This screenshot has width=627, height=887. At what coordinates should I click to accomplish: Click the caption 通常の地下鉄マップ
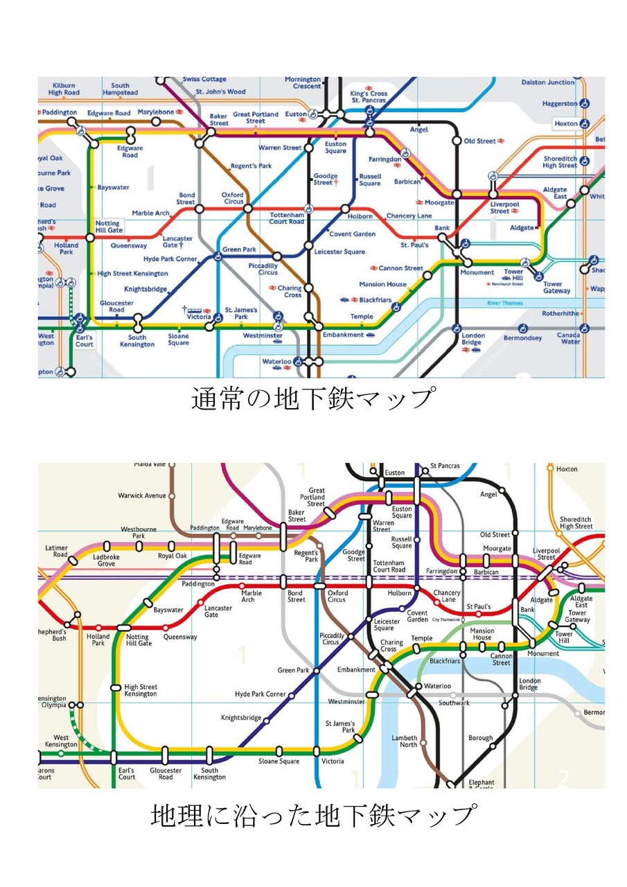[x=312, y=400]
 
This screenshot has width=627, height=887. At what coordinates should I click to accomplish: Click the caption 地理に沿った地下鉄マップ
[x=313, y=815]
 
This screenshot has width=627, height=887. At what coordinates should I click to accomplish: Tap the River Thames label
[x=504, y=304]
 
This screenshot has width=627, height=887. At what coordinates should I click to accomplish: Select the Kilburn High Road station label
[x=64, y=89]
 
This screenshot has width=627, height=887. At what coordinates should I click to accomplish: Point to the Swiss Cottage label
[x=204, y=80]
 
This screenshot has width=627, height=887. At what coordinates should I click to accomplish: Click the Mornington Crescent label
[x=303, y=82]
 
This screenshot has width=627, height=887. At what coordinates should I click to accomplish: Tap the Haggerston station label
[x=560, y=104]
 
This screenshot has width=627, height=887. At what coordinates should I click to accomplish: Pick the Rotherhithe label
[x=560, y=314]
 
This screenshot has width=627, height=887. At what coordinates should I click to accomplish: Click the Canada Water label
[x=569, y=338]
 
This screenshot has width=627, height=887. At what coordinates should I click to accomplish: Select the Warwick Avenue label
[x=142, y=495]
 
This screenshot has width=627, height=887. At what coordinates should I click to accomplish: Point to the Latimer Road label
[x=57, y=551]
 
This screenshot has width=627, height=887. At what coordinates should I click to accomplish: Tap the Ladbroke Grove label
[x=106, y=559]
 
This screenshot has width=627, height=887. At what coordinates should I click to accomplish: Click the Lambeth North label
[x=405, y=741]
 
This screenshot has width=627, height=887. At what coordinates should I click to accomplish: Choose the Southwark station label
[x=454, y=703]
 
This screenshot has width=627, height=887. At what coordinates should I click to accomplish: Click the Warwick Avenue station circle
[x=172, y=495]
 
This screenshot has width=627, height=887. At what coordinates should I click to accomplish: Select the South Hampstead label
[x=121, y=89]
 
